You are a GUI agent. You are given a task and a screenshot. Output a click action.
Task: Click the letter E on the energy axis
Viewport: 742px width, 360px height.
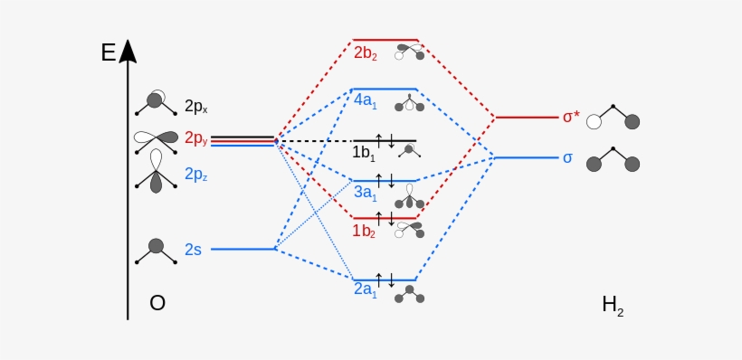coord(109,52)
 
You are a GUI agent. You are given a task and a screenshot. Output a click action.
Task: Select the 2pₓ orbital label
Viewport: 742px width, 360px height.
coord(195,107)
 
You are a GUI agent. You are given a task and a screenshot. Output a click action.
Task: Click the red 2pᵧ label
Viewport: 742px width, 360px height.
coord(195,138)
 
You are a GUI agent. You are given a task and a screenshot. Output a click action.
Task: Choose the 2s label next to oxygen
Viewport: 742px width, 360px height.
coord(194,250)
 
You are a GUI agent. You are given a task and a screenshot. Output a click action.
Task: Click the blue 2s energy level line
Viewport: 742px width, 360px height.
coord(243,249)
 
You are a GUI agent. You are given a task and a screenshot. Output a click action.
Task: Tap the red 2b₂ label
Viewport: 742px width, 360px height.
coord(366,53)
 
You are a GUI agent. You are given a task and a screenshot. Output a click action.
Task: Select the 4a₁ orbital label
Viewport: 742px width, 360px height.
coord(366,101)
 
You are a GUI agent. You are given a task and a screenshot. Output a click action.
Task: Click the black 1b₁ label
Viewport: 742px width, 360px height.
coord(363,153)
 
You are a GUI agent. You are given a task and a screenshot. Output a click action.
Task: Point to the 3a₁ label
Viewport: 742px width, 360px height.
coord(365,192)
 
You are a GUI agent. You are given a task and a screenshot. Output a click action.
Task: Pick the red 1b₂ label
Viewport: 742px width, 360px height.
coord(365,231)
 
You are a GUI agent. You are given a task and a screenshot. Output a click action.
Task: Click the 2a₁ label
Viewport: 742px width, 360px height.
coord(366,290)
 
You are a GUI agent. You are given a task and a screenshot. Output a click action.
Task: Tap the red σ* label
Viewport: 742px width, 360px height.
coord(570,117)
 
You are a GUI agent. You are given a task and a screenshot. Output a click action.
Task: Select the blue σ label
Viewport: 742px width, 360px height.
coord(567,157)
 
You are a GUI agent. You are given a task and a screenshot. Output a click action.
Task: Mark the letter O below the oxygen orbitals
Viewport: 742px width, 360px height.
coord(157,303)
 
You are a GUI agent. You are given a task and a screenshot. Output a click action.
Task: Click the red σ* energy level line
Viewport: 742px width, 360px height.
coord(526,118)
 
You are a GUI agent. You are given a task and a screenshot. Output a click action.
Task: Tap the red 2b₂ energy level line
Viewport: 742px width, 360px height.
coord(385,40)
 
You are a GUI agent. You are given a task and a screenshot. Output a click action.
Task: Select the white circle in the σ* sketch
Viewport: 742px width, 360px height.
coord(594,122)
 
